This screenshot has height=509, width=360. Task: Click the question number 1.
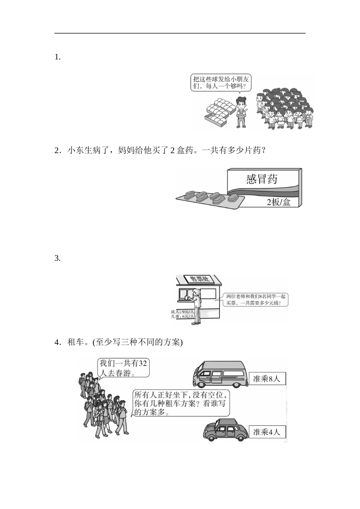[x=57, y=58]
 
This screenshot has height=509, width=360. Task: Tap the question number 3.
[x=57, y=259]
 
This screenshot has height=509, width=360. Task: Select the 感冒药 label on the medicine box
[x=261, y=179]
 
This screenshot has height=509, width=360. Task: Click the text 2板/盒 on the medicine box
[x=279, y=202]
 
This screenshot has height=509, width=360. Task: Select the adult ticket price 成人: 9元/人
[x=183, y=312]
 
